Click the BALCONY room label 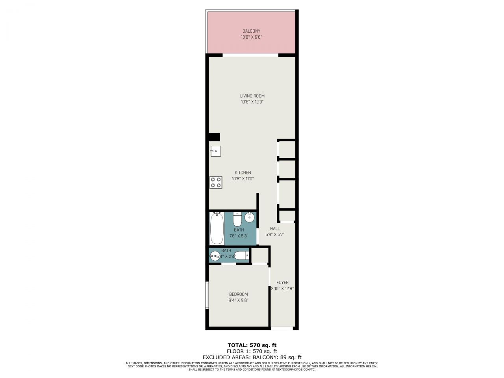[x=251, y=31]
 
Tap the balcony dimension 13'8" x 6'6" [x=251, y=37]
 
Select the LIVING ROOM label [x=252, y=96]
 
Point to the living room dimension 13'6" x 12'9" [x=252, y=102]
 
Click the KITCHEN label [x=243, y=172]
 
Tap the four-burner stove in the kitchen [x=215, y=182]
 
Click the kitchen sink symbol [x=215, y=151]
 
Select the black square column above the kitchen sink [x=214, y=137]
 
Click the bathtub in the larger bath [x=217, y=228]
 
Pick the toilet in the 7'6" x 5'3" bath [x=237, y=219]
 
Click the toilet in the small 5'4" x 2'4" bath [x=241, y=256]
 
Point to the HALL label [x=274, y=228]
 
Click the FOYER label [x=282, y=282]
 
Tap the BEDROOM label [x=239, y=294]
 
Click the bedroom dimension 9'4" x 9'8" [x=239, y=300]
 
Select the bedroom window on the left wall [x=206, y=295]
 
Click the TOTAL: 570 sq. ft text [x=252, y=345]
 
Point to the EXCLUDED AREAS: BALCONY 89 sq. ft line [x=252, y=357]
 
